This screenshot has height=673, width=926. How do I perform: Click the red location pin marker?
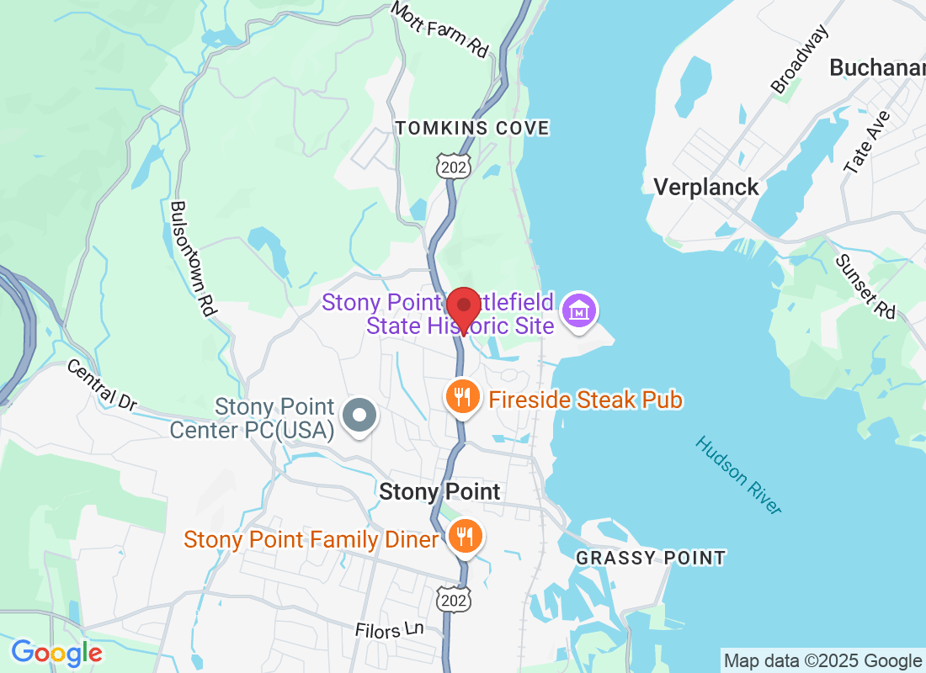(463, 308)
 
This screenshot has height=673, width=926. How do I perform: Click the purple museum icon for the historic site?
(579, 310)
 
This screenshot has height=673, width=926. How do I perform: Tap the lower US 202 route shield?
(454, 598)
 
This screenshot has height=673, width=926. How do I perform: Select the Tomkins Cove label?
(472, 128)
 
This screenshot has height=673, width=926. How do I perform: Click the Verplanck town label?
(706, 187)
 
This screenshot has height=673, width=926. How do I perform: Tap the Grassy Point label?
(651, 557)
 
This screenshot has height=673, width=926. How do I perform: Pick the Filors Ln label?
(388, 630)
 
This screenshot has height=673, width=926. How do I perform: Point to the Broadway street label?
(800, 59)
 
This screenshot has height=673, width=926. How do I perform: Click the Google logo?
(57, 652)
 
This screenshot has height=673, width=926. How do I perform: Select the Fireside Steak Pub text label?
(585, 400)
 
